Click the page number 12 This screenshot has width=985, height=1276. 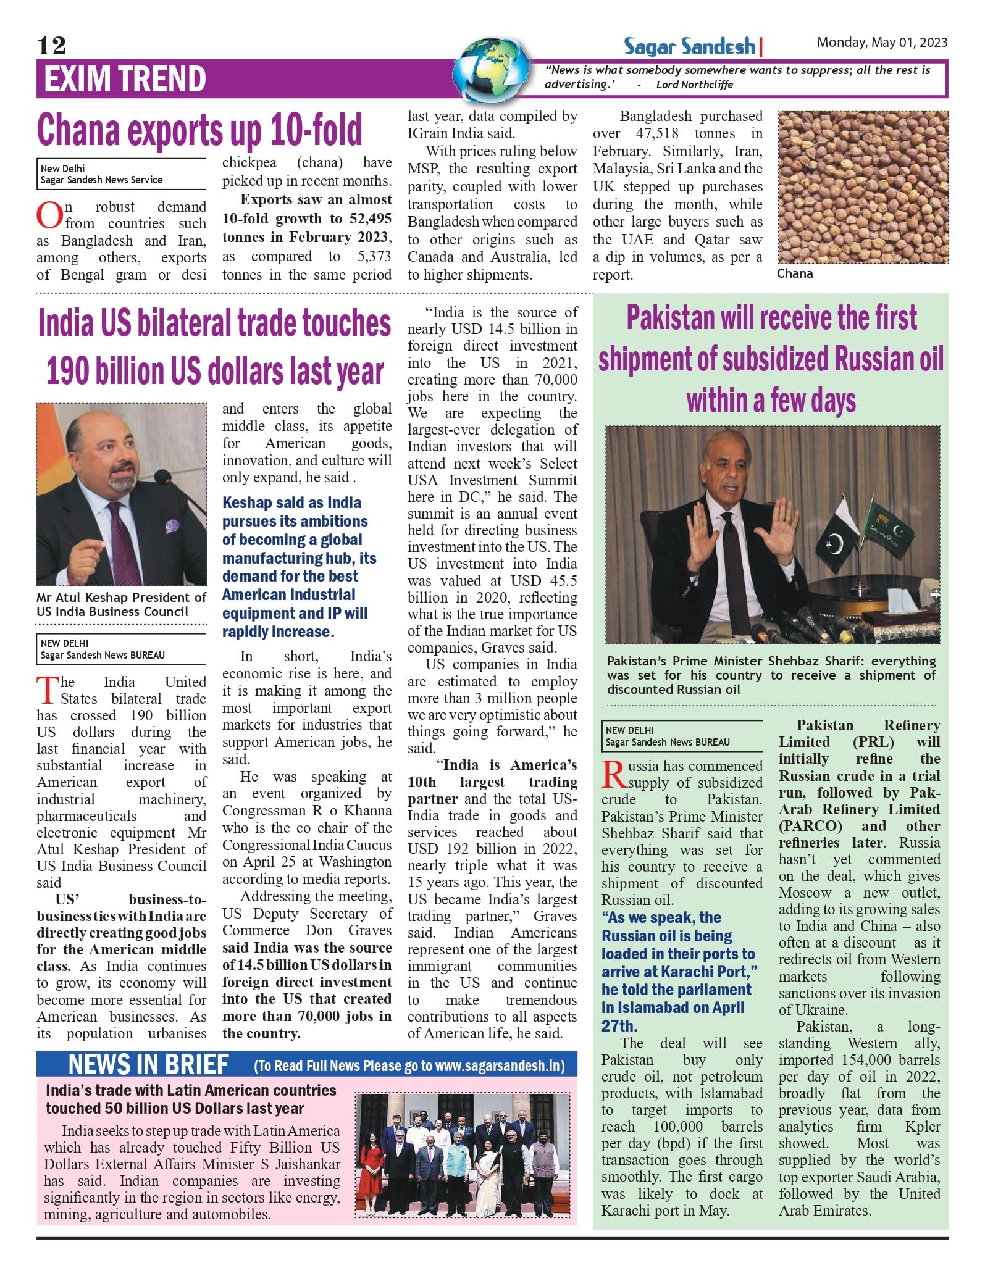(51, 46)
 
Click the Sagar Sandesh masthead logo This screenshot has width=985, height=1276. (689, 46)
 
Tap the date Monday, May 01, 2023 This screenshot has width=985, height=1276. (882, 42)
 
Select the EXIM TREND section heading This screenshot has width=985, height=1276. (125, 79)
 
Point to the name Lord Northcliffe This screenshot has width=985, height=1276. (694, 85)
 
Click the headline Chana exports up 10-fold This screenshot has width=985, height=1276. (199, 130)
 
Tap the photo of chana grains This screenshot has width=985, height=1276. (863, 187)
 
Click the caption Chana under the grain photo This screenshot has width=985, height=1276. (795, 273)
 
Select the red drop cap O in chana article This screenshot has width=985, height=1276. (49, 215)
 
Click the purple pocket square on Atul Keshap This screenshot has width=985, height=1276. (171, 527)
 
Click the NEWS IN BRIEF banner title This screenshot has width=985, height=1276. (148, 1065)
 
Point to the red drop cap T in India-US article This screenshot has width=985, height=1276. (48, 690)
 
